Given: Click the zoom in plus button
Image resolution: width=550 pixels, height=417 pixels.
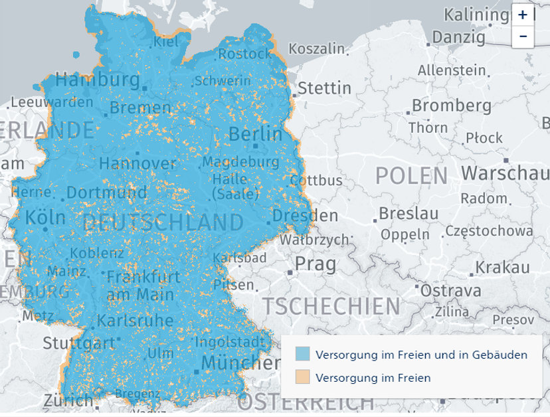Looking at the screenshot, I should coord(523,14).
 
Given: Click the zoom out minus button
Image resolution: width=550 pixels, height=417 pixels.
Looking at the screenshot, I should coord(523,36).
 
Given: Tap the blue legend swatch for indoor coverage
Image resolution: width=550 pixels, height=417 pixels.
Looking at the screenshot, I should coord(302,354).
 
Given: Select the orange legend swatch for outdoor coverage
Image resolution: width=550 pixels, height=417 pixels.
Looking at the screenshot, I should coord(302,377).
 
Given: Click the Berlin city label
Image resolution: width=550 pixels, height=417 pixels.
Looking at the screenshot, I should coord(255,133).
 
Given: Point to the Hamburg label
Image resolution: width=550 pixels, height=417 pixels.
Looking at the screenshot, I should coord(97,80).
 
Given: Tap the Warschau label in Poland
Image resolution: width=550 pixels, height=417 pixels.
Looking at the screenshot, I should coord(505,173).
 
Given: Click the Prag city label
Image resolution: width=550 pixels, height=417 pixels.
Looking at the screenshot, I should coord(316,264).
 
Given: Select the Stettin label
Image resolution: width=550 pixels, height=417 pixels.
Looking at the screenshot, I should coord(324,88).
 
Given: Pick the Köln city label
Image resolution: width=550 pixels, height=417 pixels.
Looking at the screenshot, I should coord(45,217).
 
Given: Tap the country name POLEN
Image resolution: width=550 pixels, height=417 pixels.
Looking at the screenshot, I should coord(411,176).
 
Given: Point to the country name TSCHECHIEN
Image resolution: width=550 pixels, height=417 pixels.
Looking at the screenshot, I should coord(331,306).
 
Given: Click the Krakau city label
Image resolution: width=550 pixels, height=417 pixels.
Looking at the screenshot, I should coord(502,267).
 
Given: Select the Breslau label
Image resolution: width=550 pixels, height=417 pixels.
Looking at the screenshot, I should coord(409,213).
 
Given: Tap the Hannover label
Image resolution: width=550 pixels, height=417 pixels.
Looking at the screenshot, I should coord(137,163).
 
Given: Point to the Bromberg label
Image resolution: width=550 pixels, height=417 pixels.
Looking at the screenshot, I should coord(452,105).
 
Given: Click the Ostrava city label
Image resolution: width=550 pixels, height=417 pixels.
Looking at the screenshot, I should coord(451,291).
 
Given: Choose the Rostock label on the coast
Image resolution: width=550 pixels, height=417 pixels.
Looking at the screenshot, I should coord(244,54).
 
